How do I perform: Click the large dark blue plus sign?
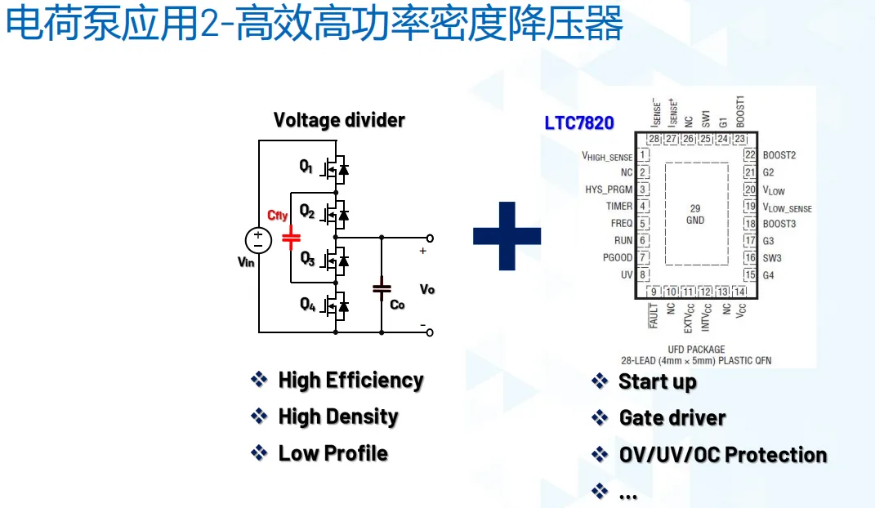click(x=507, y=236)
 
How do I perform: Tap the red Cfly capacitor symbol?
click(x=291, y=238)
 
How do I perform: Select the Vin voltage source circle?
click(x=258, y=240)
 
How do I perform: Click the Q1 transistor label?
click(x=306, y=167)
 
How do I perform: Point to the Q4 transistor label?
click(x=307, y=305)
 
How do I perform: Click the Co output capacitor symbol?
click(x=381, y=287)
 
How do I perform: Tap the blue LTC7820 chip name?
click(x=579, y=123)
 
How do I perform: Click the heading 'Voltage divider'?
click(x=339, y=120)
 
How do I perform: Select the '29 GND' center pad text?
click(x=695, y=214)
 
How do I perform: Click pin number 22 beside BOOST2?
click(x=749, y=155)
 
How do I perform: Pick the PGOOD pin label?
click(x=618, y=258)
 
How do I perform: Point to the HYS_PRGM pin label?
click(x=609, y=189)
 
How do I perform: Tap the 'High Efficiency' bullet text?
click(x=350, y=380)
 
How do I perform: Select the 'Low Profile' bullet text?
click(x=333, y=453)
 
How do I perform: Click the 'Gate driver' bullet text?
click(x=672, y=418)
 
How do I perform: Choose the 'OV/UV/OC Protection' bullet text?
click(x=723, y=455)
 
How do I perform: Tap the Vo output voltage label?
click(x=426, y=290)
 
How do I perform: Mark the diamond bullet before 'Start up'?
click(x=600, y=381)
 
